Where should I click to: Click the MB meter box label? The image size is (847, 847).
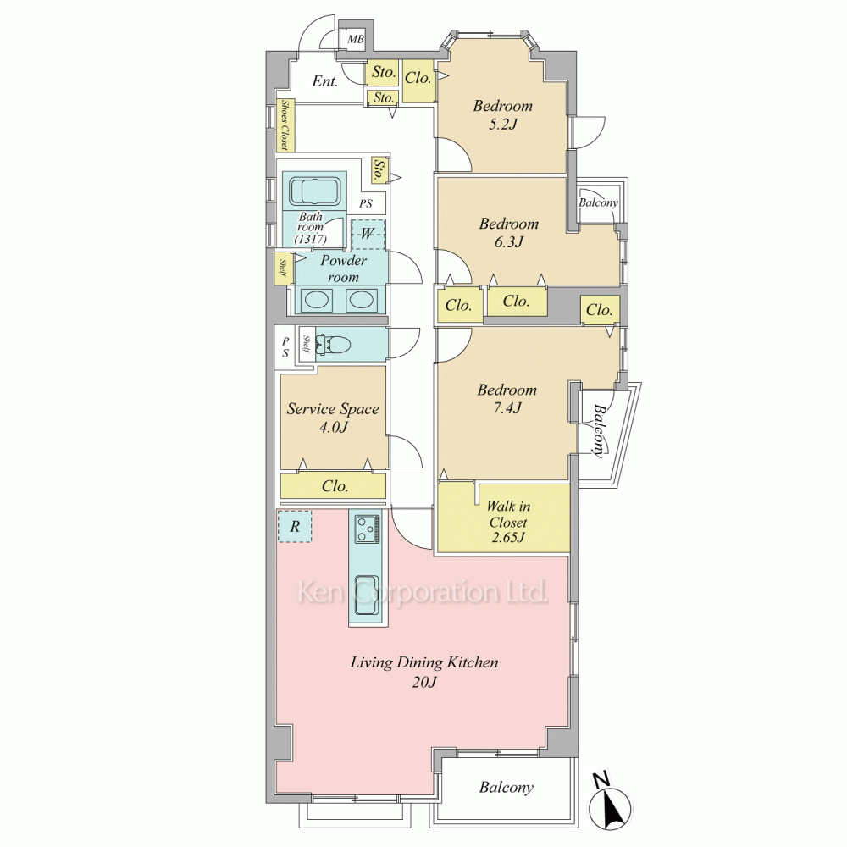[x=356, y=40]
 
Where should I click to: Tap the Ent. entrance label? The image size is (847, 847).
[x=325, y=81]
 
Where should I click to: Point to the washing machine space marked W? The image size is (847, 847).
[x=368, y=234]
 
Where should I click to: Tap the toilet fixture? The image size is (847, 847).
[x=333, y=344]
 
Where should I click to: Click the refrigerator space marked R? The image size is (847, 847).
[x=295, y=526]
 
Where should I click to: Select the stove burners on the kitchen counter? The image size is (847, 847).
[x=368, y=529]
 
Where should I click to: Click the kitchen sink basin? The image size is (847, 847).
[x=368, y=595]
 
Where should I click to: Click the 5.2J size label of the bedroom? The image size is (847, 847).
[x=503, y=125]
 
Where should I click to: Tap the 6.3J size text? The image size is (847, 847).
[x=509, y=241]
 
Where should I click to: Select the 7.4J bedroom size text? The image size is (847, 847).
[x=507, y=408]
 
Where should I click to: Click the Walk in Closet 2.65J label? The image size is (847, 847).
[x=508, y=521]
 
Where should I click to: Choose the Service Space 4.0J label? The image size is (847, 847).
[x=333, y=417]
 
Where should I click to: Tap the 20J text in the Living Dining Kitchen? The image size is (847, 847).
[x=424, y=682]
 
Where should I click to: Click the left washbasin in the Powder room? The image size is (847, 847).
[x=316, y=300]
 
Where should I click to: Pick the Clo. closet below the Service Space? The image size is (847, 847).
[x=333, y=485]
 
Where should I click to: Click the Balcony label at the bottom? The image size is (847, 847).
[x=507, y=787]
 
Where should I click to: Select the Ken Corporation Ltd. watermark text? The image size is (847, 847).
[x=423, y=592]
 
